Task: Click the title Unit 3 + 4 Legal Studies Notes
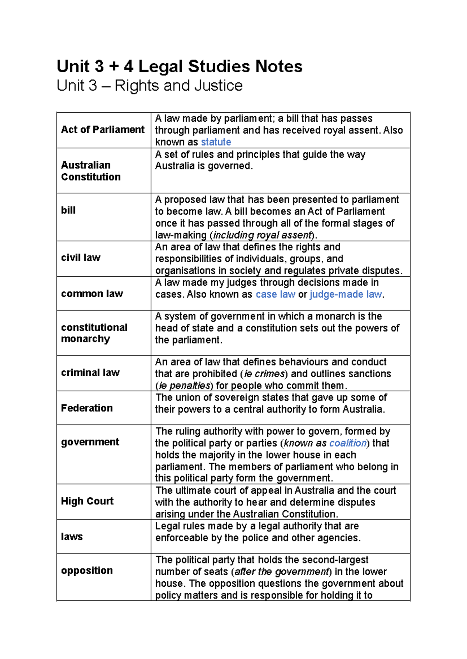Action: (179, 66)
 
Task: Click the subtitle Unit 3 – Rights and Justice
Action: (149, 85)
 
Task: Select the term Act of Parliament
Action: (103, 129)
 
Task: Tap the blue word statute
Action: (216, 142)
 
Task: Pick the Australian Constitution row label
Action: (91, 171)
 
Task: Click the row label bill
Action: (68, 210)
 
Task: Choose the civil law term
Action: (81, 258)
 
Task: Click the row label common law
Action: (92, 293)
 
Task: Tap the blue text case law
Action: (276, 295)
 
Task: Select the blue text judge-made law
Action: (346, 295)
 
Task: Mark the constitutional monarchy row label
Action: (94, 333)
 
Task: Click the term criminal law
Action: (90, 372)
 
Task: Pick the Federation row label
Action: (87, 408)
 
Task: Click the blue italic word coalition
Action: (348, 443)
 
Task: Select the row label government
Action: (90, 442)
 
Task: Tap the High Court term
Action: (87, 501)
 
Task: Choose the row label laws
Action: (72, 537)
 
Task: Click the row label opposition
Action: (87, 570)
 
